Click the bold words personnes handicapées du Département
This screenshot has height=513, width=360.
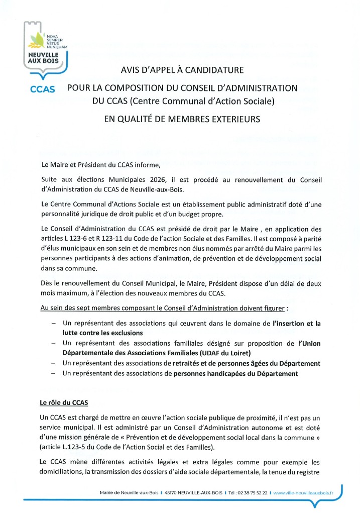235,373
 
